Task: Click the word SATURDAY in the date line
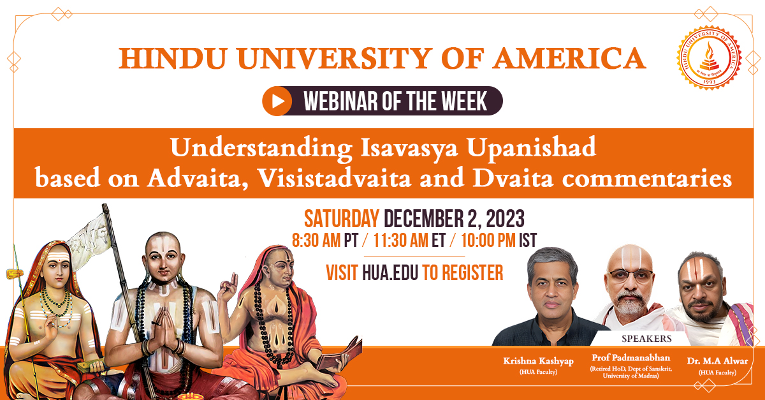(x=341, y=219)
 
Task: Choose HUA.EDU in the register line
(x=390, y=273)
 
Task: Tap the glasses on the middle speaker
(x=630, y=275)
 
